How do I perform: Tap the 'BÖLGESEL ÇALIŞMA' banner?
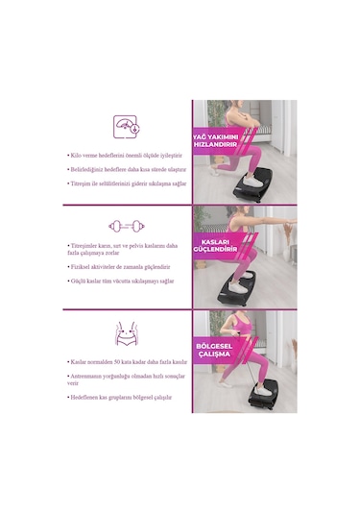click(215, 349)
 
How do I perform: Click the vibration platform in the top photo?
click(249, 184)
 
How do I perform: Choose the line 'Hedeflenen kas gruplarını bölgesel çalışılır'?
click(119, 396)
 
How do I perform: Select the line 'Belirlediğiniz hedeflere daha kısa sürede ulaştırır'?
click(124, 167)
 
